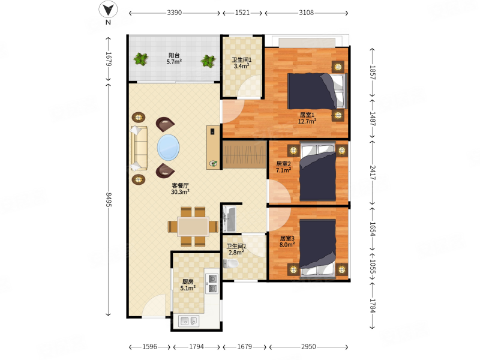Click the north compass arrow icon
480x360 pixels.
108,10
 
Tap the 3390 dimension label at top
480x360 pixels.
174,13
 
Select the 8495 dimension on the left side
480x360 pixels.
109,199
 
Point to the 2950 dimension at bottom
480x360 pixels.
308,347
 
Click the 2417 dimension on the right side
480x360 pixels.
372,173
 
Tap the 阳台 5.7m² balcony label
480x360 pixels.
174,58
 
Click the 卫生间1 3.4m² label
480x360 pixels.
242,63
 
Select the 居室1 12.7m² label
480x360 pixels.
307,118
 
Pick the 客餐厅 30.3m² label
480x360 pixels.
180,189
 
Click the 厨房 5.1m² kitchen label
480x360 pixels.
188,285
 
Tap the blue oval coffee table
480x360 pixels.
169,147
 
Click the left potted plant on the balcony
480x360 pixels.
141,59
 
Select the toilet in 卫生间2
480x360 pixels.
231,263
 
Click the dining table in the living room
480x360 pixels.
193,227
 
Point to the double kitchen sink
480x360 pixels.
189,321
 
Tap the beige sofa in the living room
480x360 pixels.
139,148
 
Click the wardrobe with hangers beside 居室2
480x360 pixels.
244,154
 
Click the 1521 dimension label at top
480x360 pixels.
242,13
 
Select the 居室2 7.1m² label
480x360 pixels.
283,167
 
